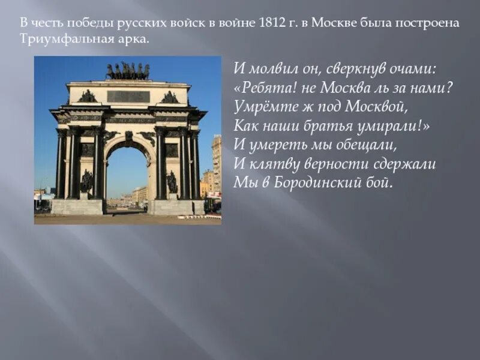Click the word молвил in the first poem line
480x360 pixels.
(266, 70)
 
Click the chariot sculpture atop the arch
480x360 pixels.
(128, 71)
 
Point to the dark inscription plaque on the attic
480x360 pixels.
(128, 96)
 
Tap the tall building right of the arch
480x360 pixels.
(216, 162)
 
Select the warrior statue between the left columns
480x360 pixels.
(87, 181)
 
